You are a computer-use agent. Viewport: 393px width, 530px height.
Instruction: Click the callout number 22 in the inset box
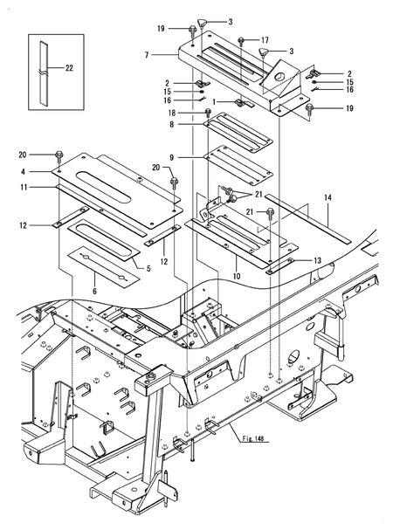pos(70,67)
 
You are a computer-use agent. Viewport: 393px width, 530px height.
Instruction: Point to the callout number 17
pos(265,40)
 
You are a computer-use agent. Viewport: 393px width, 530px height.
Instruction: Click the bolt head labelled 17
pos(242,41)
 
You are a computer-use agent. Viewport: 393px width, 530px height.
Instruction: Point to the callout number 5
pos(148,269)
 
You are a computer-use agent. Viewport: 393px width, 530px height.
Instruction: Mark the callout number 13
pos(316,259)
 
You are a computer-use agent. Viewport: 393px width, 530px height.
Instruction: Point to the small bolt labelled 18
pos(207,113)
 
